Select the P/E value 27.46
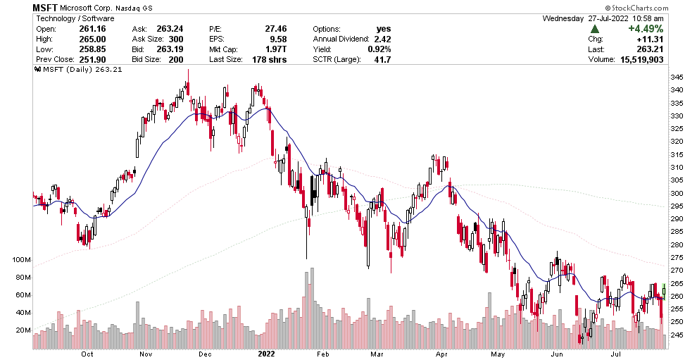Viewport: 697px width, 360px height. (259, 28)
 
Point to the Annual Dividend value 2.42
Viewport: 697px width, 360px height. (382, 39)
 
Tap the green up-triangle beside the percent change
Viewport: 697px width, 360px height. (595, 29)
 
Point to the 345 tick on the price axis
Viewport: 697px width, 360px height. (676, 77)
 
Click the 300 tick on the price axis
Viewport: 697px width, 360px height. (676, 193)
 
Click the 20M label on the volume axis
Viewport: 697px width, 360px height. (23, 330)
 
